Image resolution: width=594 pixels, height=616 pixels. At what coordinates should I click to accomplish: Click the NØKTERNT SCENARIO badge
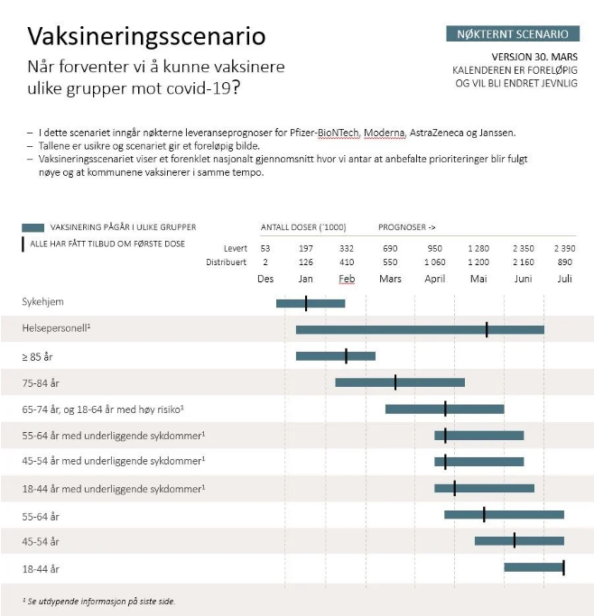[x=513, y=33]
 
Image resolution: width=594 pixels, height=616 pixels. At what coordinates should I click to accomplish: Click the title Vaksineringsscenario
[x=146, y=36]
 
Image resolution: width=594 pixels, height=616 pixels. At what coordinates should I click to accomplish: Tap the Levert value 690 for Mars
[x=390, y=248]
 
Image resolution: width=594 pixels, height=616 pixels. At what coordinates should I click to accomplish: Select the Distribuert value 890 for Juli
[x=564, y=262]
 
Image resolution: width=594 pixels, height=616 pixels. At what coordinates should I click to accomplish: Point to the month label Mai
[x=478, y=279]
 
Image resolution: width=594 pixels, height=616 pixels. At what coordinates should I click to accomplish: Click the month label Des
[x=265, y=279]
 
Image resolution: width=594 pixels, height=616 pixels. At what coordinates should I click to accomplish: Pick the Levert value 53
[x=265, y=248]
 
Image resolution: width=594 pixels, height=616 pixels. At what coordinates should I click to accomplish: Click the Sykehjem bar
[x=311, y=303]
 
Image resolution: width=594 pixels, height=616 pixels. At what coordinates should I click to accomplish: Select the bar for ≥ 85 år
[x=336, y=356]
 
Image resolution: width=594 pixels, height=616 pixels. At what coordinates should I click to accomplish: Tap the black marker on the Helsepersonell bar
[x=487, y=329]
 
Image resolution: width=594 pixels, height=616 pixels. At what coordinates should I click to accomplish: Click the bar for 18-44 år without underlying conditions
[x=534, y=567]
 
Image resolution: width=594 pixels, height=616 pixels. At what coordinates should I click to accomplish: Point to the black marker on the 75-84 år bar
[x=395, y=382]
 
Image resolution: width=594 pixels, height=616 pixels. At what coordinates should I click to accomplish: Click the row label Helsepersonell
[x=56, y=328]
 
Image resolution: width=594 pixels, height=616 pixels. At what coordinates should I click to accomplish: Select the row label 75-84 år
[x=41, y=383]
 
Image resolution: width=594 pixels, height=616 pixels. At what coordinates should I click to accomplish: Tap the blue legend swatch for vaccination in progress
[x=33, y=227]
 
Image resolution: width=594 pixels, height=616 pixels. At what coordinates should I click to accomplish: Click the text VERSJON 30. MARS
[x=534, y=57]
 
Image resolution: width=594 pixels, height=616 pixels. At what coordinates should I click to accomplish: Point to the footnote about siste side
[x=99, y=601]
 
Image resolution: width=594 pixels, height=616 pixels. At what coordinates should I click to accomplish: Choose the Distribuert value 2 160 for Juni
[x=524, y=262]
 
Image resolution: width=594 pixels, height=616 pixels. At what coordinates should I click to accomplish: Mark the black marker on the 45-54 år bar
[x=515, y=541]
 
